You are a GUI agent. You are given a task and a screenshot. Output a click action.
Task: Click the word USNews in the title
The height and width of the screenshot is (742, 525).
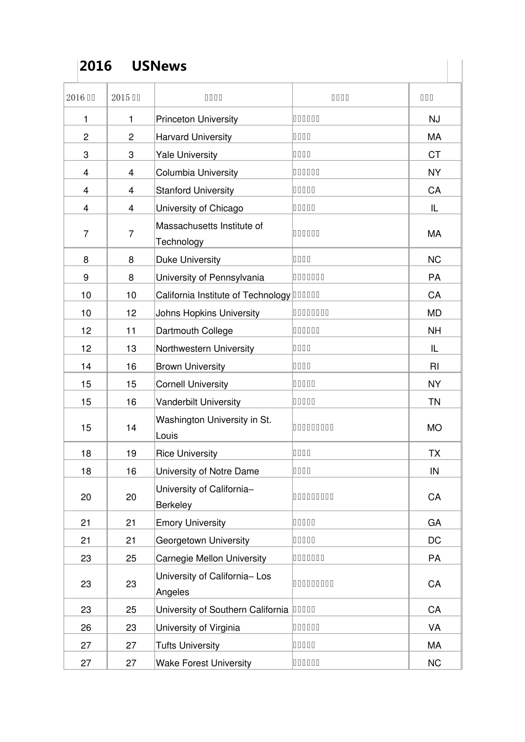click(x=159, y=66)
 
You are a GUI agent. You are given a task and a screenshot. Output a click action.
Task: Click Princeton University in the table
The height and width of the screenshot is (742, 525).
click(x=197, y=119)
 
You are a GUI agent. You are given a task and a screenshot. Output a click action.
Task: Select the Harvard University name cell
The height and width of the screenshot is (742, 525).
click(x=193, y=137)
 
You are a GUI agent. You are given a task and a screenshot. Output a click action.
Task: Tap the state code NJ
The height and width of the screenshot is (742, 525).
click(x=434, y=119)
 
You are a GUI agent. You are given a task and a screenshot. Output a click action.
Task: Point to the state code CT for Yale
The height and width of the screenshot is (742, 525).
click(x=434, y=155)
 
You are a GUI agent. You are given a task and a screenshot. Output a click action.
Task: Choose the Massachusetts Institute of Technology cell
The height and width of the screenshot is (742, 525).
click(x=209, y=234)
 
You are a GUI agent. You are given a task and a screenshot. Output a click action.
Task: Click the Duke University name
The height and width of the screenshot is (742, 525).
click(x=188, y=259)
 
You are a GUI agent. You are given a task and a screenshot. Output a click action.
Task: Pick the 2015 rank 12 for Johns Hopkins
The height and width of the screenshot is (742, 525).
click(x=131, y=313)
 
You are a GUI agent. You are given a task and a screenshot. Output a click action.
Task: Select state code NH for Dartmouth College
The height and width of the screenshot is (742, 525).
click(x=434, y=331)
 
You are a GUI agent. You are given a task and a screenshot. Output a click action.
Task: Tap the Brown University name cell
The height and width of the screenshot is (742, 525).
click(x=190, y=367)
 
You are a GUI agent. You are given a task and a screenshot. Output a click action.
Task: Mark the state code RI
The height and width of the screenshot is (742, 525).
click(x=434, y=367)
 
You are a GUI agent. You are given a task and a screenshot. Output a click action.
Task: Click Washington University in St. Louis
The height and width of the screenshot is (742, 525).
click(x=213, y=427)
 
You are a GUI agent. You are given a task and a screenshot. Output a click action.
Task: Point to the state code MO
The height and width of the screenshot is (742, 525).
click(x=434, y=428)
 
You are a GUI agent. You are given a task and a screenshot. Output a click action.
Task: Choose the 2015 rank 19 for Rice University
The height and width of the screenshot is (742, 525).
click(x=131, y=453)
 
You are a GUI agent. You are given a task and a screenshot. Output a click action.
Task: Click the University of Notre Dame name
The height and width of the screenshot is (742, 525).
click(x=207, y=471)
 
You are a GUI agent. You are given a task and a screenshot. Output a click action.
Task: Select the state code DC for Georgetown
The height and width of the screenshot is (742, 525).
click(x=434, y=540)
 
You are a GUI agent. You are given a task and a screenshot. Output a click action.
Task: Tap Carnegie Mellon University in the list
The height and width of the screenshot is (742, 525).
click(x=211, y=558)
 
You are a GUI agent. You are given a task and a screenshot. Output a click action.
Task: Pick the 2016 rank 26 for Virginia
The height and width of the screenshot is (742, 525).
click(x=86, y=628)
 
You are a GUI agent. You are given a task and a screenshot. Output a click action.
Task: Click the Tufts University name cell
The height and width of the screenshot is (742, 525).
click(x=187, y=645)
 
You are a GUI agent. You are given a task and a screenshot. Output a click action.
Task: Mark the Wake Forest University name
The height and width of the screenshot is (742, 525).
click(x=203, y=663)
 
